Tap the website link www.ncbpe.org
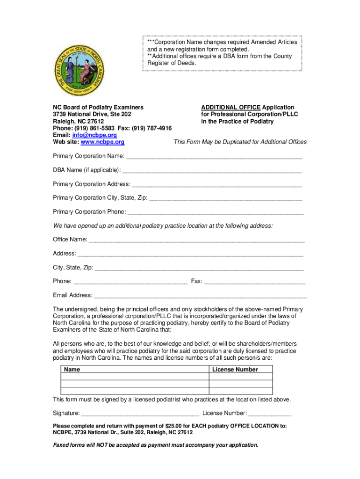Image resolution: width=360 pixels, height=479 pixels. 102,142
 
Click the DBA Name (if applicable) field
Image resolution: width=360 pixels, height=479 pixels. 211,170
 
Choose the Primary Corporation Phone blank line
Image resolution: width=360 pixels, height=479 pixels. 216,212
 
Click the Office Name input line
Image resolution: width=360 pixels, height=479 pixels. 196,240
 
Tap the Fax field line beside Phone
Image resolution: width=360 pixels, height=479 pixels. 255,282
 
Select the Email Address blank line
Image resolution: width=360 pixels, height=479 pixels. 200,296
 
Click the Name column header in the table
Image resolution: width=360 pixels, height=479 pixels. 72,370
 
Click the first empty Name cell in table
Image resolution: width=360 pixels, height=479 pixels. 135,377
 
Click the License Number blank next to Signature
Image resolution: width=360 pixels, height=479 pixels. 270,414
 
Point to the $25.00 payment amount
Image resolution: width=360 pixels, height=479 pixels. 176,426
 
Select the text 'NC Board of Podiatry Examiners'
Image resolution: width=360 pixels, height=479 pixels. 98,107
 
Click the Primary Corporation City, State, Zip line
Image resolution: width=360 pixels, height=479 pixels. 225,198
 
